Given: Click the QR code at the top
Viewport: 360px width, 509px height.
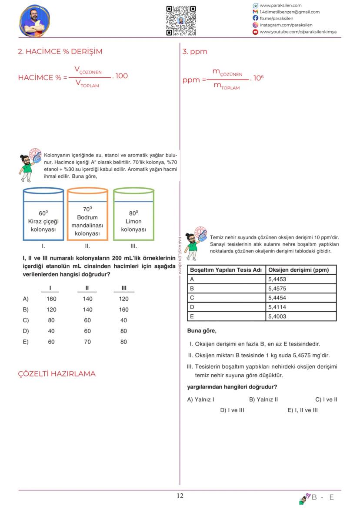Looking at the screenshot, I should (x=181, y=20).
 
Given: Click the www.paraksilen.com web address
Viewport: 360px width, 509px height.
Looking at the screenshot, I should (x=280, y=5).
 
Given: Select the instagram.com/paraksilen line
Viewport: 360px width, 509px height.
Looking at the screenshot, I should (x=286, y=25).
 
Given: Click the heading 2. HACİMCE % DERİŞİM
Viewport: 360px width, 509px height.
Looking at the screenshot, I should (x=60, y=51).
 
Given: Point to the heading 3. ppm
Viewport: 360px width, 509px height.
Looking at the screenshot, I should (x=195, y=51).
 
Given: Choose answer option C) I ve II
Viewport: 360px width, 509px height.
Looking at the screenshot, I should (x=326, y=399).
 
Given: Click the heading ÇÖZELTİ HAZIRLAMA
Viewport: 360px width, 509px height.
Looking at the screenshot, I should (x=57, y=374).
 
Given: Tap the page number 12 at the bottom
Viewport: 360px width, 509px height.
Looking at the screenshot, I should (x=180, y=496).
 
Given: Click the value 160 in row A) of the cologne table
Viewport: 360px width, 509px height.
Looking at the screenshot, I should (x=51, y=299).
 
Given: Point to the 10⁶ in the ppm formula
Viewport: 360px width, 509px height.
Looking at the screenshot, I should (x=258, y=78).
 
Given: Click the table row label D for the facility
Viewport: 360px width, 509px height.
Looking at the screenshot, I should (x=192, y=307).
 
